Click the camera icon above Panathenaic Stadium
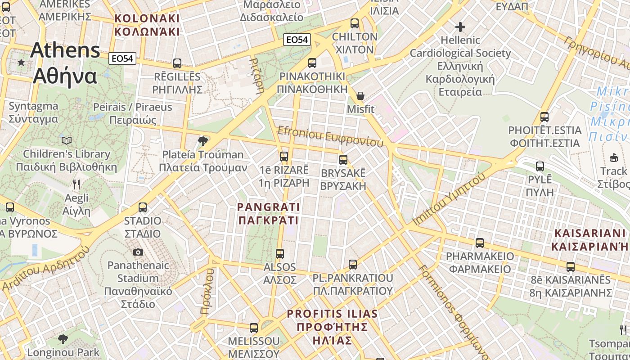pos(138,252)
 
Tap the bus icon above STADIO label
pos(143,207)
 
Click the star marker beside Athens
pos(21,62)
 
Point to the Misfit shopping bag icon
pos(360,96)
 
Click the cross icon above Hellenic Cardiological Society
pos(460,27)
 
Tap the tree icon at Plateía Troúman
pos(203,141)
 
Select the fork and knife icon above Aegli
pos(76,184)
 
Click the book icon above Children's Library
pos(67,140)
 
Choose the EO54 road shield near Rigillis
pos(122,58)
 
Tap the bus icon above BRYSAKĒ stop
pos(343,160)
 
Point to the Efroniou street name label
pos(331,136)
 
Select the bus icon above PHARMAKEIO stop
pos(480,243)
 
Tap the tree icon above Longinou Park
pos(63,339)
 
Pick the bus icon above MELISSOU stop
pos(254,328)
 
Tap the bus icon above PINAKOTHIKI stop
pos(312,63)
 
